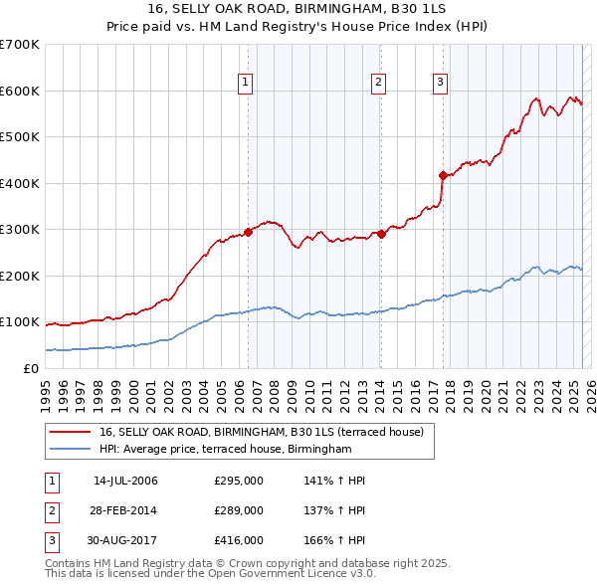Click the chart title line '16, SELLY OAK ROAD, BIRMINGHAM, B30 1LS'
point(298,9)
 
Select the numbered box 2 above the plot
point(379,83)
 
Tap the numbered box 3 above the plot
point(440,83)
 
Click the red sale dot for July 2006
point(248,231)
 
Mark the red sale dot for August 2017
point(444,175)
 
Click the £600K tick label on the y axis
point(20,91)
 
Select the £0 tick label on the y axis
point(30,368)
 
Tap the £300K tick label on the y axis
point(20,229)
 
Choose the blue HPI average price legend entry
point(226,450)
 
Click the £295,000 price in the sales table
point(239,481)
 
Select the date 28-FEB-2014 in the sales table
point(125,510)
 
